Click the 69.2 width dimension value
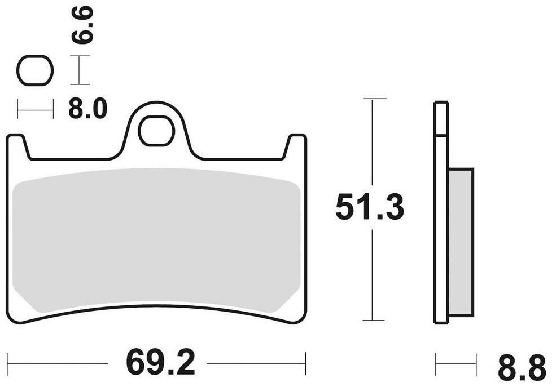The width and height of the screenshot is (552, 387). (x=160, y=362)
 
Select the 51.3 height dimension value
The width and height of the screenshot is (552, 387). (x=370, y=207)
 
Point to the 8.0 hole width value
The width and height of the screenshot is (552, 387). (x=87, y=109)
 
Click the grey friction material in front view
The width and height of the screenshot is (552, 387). (x=156, y=240)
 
